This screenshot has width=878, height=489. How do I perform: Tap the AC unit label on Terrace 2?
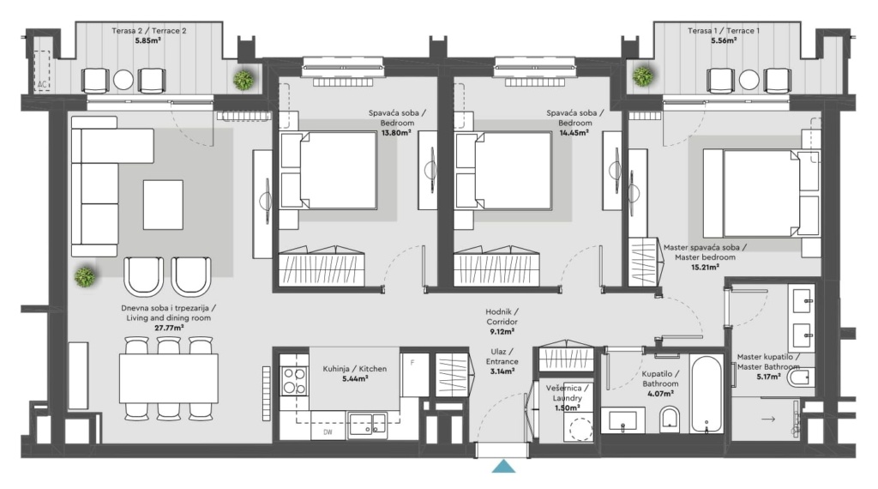click(42, 85)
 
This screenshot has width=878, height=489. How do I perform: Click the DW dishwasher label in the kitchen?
click(328, 432)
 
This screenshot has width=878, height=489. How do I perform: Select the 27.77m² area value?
click(169, 328)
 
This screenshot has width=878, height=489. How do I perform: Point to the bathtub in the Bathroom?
click(706, 393)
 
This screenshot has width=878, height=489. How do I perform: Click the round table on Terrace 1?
click(749, 80)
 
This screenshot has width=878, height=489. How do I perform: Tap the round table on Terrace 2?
click(123, 80)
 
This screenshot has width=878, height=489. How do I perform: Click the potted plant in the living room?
click(85, 277)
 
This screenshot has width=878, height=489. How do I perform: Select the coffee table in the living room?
click(163, 204)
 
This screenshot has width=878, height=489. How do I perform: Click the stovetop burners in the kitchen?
click(294, 380)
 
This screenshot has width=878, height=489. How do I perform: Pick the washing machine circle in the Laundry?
click(580, 430)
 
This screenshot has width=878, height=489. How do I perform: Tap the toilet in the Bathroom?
click(669, 419)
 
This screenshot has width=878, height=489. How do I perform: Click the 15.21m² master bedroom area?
click(705, 267)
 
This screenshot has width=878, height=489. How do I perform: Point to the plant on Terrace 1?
click(643, 75)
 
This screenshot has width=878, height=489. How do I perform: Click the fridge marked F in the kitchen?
click(415, 374)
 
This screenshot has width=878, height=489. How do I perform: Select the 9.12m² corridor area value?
click(502, 332)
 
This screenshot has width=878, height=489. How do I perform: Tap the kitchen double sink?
click(367, 424)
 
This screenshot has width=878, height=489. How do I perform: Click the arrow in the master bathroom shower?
click(767, 419)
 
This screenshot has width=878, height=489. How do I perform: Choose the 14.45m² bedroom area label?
click(574, 133)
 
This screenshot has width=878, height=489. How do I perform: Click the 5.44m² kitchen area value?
click(355, 378)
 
